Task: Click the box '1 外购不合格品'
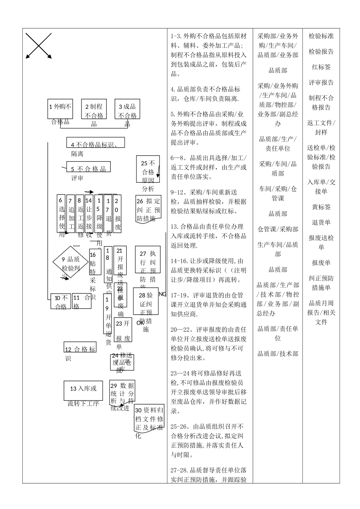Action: (60, 109)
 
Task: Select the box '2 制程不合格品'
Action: (94, 110)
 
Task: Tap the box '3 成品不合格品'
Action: (127, 110)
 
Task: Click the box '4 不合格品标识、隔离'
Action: (95, 143)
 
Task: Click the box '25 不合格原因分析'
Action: (148, 169)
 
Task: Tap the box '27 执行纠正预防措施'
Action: (148, 259)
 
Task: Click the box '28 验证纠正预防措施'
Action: (146, 301)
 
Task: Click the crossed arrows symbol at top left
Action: (39, 46)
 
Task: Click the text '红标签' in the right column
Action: (321, 67)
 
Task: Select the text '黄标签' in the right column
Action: (321, 207)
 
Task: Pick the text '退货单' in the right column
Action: (321, 222)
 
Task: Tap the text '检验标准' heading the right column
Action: (321, 36)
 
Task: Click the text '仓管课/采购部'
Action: (278, 229)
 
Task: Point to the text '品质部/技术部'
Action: (278, 353)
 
